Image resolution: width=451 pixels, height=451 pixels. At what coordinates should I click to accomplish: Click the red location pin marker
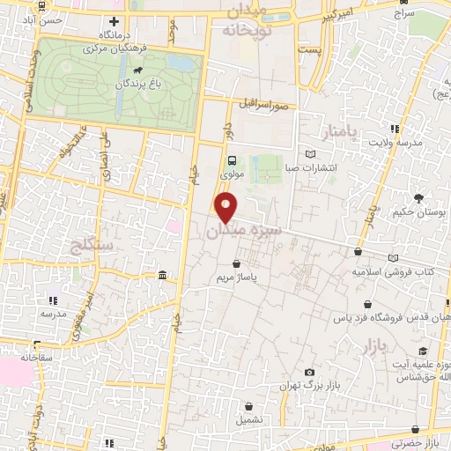click(226, 207)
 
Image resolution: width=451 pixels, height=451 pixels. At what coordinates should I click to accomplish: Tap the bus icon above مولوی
click(232, 160)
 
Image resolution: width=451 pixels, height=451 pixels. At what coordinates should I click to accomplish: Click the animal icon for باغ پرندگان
click(137, 70)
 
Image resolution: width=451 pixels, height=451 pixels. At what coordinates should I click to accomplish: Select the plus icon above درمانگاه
click(113, 20)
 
